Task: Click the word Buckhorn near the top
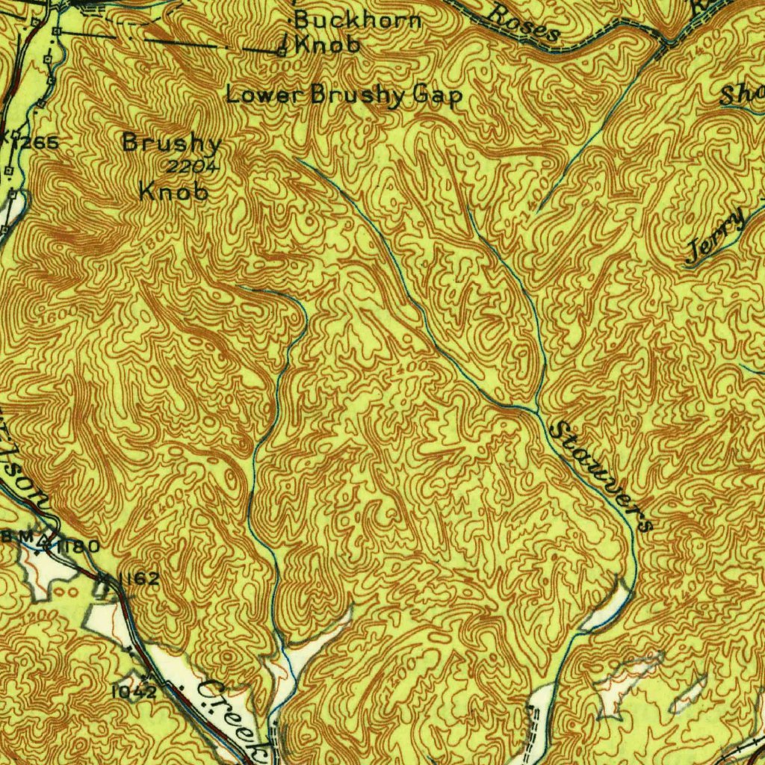pos(358,20)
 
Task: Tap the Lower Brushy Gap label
pos(344,96)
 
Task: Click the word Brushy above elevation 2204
pos(172,143)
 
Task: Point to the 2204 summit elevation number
pos(192,167)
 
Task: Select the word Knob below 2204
pos(173,192)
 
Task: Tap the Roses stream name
pos(525,23)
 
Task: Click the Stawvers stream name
pos(601,476)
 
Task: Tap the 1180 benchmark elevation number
pos(76,547)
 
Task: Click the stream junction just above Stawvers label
pos(536,409)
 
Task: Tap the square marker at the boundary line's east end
pos(281,52)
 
